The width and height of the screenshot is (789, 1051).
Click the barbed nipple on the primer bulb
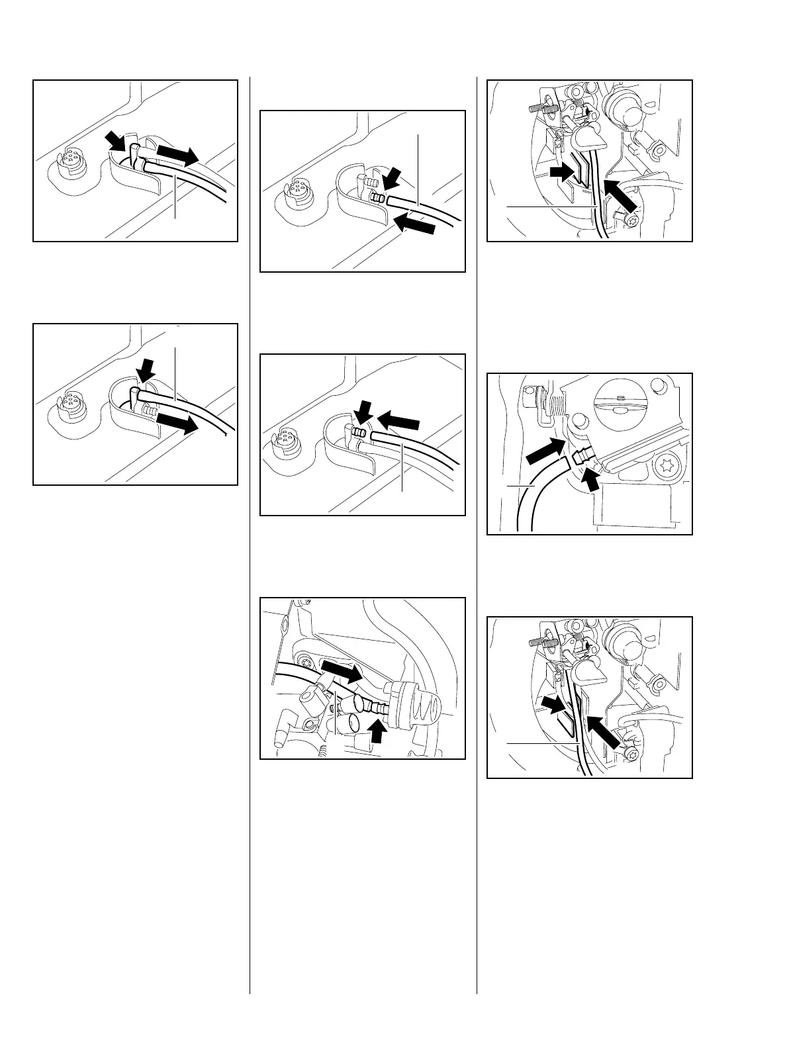pos(378,709)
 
